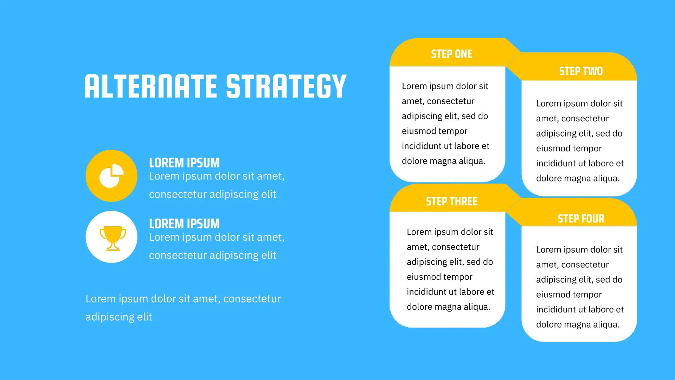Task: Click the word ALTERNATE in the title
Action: pyautogui.click(x=151, y=86)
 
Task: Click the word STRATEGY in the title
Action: pyautogui.click(x=286, y=86)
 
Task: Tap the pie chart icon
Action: pyautogui.click(x=111, y=176)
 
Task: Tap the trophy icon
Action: pyautogui.click(x=113, y=238)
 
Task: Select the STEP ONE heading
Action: pyautogui.click(x=452, y=54)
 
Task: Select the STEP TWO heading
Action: pyautogui.click(x=581, y=71)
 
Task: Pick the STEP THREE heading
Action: pyautogui.click(x=452, y=201)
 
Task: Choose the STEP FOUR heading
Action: pyautogui.click(x=581, y=218)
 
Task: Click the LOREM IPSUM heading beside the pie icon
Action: pyautogui.click(x=184, y=163)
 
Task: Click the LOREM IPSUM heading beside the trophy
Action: pyautogui.click(x=184, y=223)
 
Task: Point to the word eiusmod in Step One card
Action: pyautogui.click(x=417, y=131)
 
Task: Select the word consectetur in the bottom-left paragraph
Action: pyautogui.click(x=252, y=299)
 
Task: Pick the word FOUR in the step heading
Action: pyautogui.click(x=593, y=218)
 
